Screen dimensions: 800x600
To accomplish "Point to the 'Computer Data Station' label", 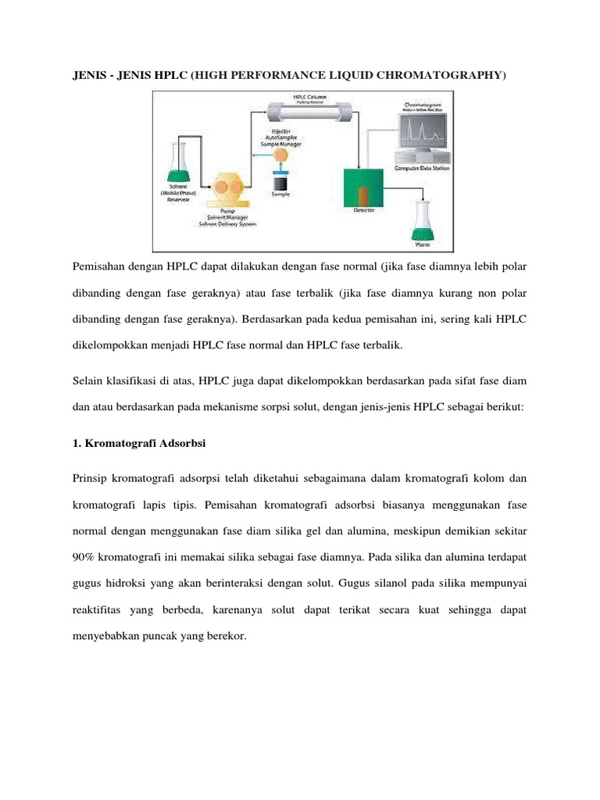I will [x=428, y=167].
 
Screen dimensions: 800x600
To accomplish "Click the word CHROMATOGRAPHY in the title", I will [x=443, y=75].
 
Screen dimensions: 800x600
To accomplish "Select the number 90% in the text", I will [x=85, y=555].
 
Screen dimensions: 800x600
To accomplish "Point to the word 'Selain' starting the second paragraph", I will [x=90, y=380].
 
